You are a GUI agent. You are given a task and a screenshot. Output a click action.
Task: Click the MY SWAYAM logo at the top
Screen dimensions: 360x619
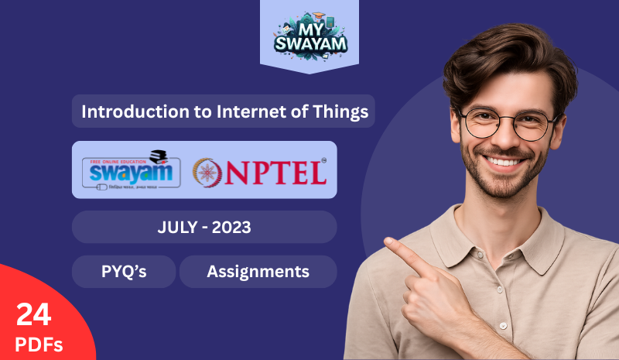309,36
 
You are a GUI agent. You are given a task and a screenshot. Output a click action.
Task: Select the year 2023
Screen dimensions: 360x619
232,228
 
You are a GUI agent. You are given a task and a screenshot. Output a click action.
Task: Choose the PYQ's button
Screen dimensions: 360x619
124,272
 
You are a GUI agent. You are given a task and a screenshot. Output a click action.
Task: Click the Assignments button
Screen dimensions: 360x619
258,272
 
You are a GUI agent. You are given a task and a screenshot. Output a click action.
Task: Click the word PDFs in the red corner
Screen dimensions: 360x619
37,343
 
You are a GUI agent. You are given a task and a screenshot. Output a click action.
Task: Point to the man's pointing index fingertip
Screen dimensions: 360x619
388,246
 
